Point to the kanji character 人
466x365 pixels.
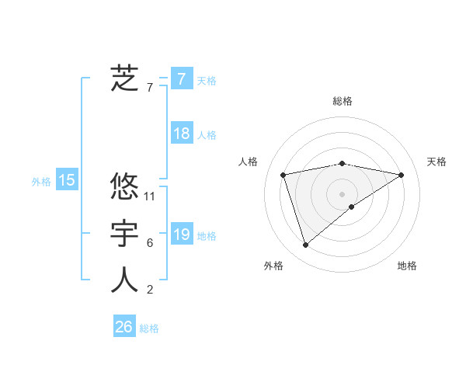[x=124, y=280]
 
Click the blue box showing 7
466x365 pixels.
[x=181, y=78]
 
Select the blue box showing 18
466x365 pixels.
[x=181, y=134]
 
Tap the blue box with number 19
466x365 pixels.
[x=181, y=235]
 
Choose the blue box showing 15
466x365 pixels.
[x=67, y=180]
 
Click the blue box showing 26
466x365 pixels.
[x=123, y=327]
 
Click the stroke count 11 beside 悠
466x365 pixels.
[x=151, y=196]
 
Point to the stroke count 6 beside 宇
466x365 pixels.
[x=150, y=243]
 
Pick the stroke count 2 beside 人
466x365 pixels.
[x=150, y=290]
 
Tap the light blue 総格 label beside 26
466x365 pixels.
[x=149, y=328]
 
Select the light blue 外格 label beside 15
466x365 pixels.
[x=41, y=182]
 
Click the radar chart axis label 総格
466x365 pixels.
[x=342, y=101]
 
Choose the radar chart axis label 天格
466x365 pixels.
[x=437, y=162]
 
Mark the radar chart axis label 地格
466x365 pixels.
[x=407, y=266]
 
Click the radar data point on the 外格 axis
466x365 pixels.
[x=305, y=245]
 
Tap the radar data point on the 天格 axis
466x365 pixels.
[x=402, y=175]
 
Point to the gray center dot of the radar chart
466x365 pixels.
[x=342, y=194]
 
